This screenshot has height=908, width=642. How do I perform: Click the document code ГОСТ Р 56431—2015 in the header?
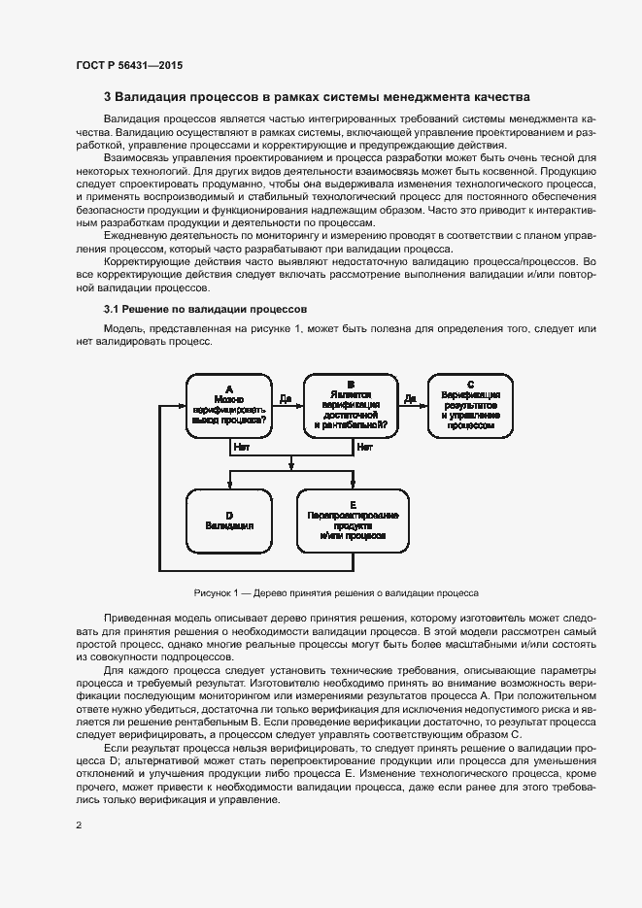(x=129, y=66)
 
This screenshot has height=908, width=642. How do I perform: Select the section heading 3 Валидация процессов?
(x=317, y=97)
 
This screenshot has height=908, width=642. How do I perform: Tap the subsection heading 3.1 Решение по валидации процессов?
(x=193, y=309)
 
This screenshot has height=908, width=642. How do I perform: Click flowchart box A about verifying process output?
(x=229, y=405)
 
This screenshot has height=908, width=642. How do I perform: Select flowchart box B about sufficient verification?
(x=351, y=405)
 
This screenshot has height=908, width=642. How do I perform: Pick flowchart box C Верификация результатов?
(x=470, y=405)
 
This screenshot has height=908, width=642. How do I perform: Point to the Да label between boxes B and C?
(x=410, y=398)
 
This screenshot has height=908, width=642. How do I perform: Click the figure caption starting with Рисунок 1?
(x=337, y=592)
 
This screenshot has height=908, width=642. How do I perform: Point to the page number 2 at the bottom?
(x=79, y=825)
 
